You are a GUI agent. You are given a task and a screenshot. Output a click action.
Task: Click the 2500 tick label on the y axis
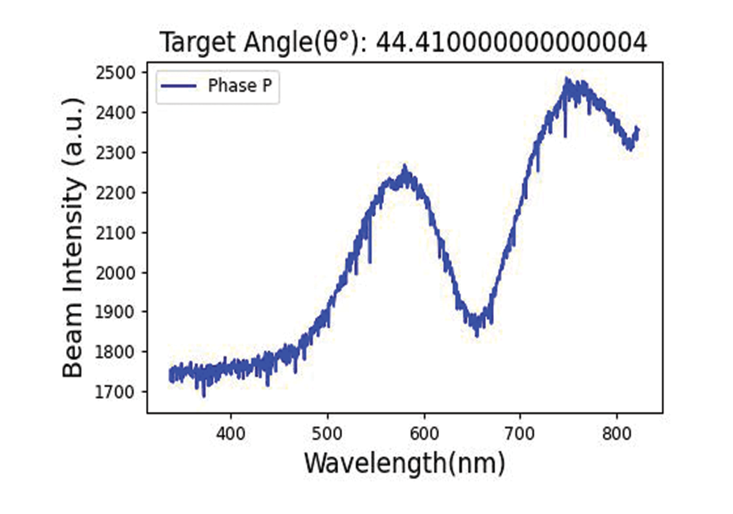[x=116, y=73]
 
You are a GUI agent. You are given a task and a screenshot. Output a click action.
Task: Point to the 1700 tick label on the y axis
[x=116, y=392]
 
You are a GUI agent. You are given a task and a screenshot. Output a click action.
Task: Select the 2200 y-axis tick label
[x=116, y=193]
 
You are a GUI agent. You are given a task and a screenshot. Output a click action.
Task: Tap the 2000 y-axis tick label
[x=116, y=273]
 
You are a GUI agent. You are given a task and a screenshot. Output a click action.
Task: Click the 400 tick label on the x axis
[x=231, y=434]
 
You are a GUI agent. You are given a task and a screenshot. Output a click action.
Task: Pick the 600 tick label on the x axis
[x=424, y=434]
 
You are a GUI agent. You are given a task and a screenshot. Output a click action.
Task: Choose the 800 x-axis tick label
[x=617, y=434]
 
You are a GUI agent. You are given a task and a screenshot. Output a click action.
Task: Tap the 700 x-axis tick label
[x=520, y=434]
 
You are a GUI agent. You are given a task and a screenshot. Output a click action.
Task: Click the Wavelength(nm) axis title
[x=404, y=463]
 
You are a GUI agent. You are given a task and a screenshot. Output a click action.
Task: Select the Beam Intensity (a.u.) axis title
[x=74, y=238]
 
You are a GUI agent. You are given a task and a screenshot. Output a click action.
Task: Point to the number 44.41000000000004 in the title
[x=512, y=42]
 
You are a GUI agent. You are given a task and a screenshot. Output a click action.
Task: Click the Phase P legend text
[x=240, y=86]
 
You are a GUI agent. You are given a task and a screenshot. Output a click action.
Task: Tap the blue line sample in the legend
[x=179, y=86]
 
